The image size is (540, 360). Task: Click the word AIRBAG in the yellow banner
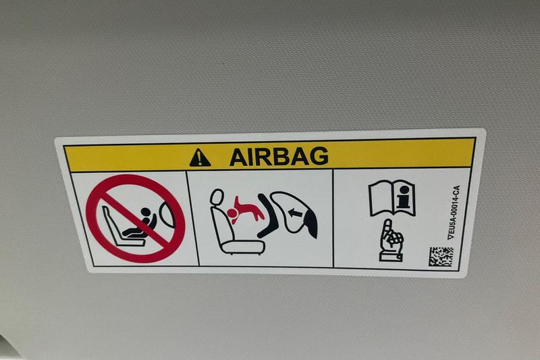pos(279,157)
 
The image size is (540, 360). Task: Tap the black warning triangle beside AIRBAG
pos(200,158)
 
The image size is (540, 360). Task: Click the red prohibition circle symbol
pos(136,218)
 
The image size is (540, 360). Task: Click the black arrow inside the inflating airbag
pos(294,213)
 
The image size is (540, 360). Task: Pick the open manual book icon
pos(391,198)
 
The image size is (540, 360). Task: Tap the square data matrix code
pos(441,256)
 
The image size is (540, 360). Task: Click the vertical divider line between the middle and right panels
pos(333,218)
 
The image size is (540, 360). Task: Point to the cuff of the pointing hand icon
pos(390,256)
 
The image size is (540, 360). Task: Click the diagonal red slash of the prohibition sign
pos(136,219)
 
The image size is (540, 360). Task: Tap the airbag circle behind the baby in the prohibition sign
pos(166,214)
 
